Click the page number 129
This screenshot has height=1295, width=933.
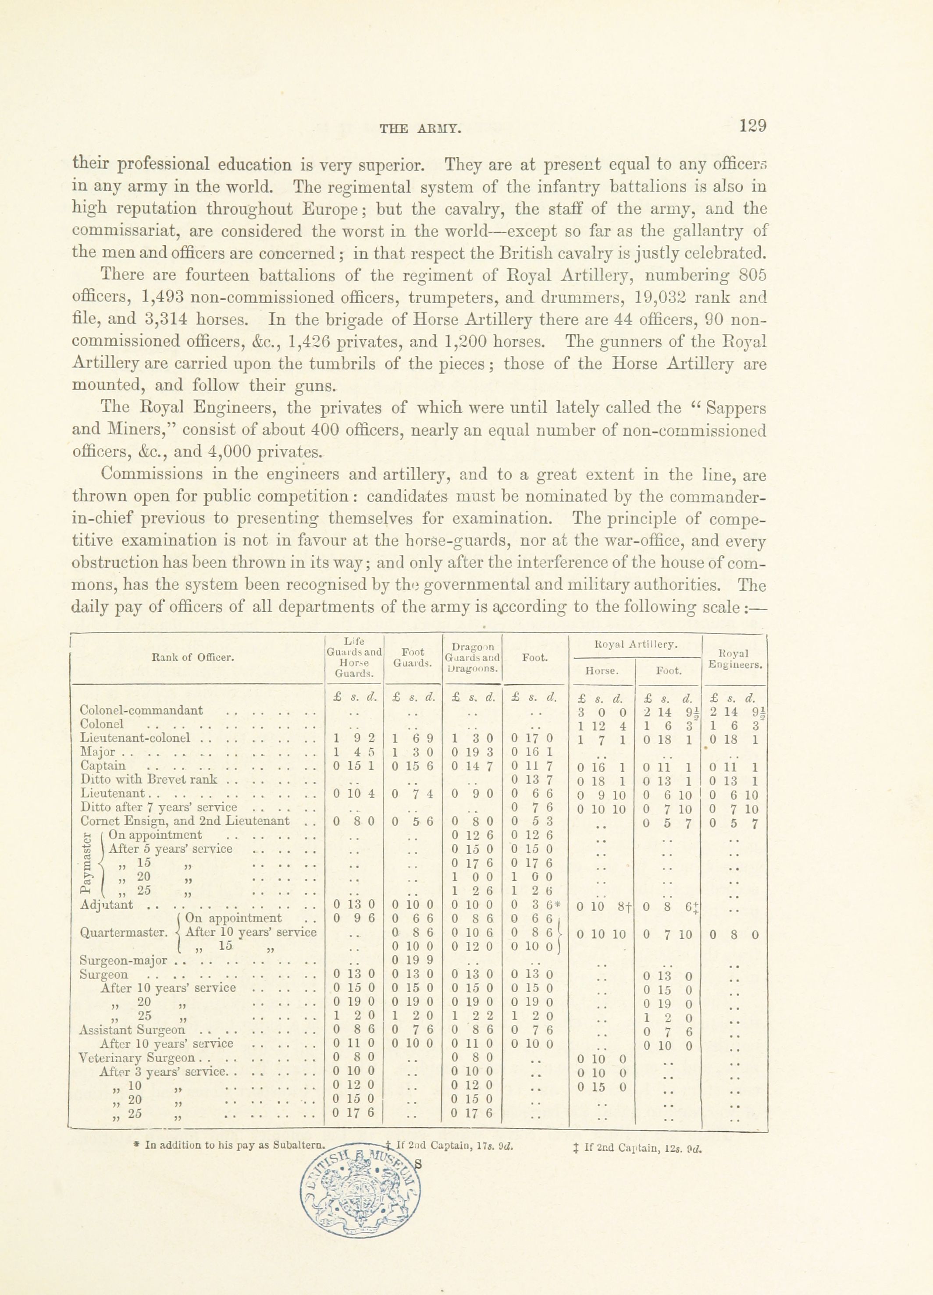click(752, 126)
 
